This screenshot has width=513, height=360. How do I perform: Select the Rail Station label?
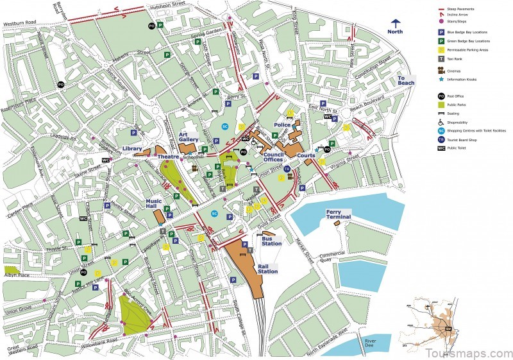268,268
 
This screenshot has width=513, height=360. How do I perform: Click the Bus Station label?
272,241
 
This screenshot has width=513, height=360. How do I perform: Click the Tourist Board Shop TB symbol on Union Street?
287,169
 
